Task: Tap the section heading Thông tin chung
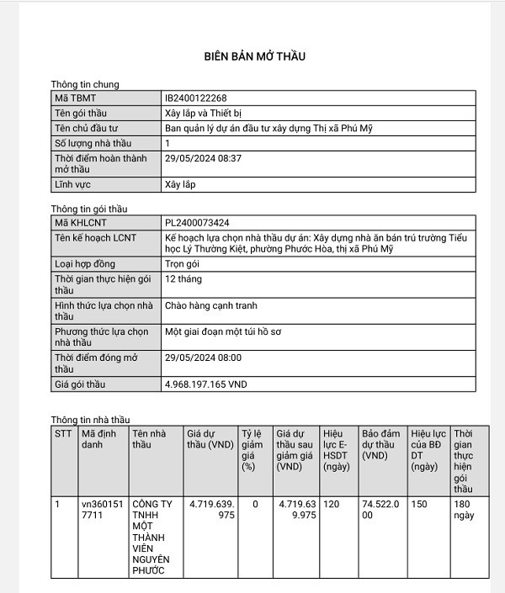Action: [x=84, y=84]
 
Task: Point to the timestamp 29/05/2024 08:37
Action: [x=203, y=158]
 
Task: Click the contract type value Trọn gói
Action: [x=183, y=264]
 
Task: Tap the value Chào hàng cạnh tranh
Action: [x=211, y=305]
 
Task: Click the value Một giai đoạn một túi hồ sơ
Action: [x=223, y=331]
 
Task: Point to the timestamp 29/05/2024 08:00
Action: [x=203, y=357]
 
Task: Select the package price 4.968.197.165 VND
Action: [x=206, y=384]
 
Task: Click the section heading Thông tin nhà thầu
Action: [x=90, y=420]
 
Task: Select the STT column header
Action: [x=63, y=433]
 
